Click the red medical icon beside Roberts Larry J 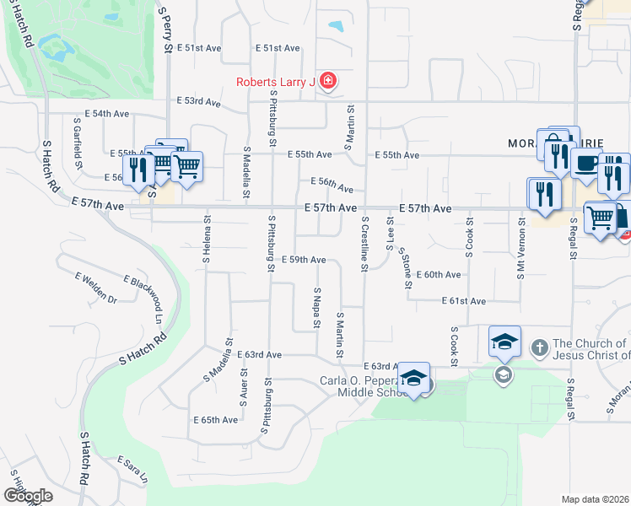coord(328,82)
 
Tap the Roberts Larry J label coord(275,82)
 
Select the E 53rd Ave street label coord(198,102)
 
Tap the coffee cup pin coord(586,164)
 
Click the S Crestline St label coord(364,244)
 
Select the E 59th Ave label coord(304,260)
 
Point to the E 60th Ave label coord(439,275)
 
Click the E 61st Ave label coord(464,301)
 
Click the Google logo coord(28,496)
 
